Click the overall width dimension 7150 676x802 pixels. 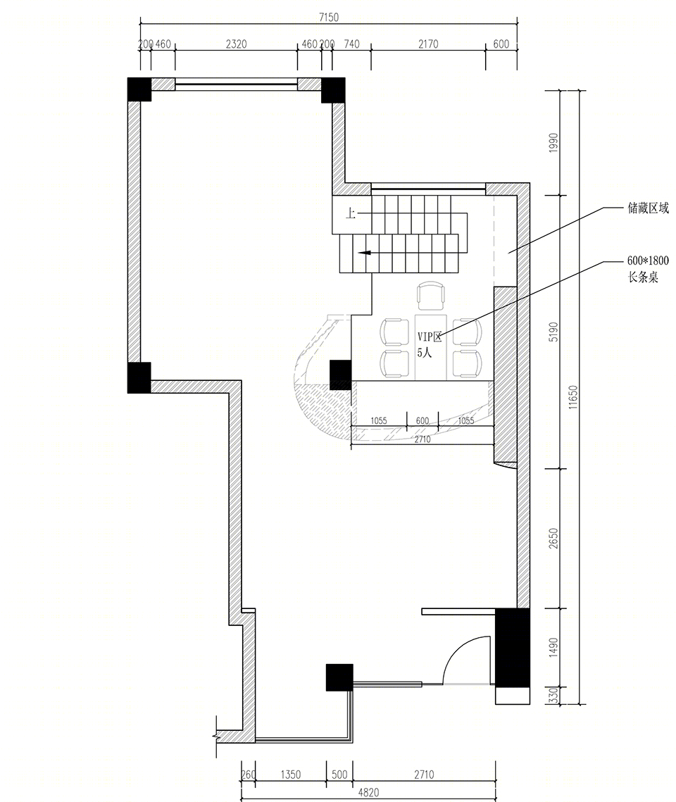[x=328, y=18]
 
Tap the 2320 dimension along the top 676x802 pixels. [x=236, y=44]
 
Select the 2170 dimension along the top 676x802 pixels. [x=428, y=44]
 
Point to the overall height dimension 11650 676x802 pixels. [x=573, y=397]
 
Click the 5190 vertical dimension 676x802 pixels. [x=553, y=332]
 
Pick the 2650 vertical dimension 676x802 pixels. [x=553, y=539]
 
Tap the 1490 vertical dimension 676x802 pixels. [x=553, y=648]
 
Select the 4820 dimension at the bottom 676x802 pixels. [x=368, y=792]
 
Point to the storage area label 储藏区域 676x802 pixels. [x=648, y=208]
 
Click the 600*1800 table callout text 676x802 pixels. [x=648, y=268]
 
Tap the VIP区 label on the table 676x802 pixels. [x=430, y=337]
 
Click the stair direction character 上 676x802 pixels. [x=350, y=213]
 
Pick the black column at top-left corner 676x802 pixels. [x=139, y=89]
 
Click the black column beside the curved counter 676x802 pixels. [x=340, y=375]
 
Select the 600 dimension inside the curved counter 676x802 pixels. [x=423, y=421]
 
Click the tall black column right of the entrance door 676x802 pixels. [x=513, y=647]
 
